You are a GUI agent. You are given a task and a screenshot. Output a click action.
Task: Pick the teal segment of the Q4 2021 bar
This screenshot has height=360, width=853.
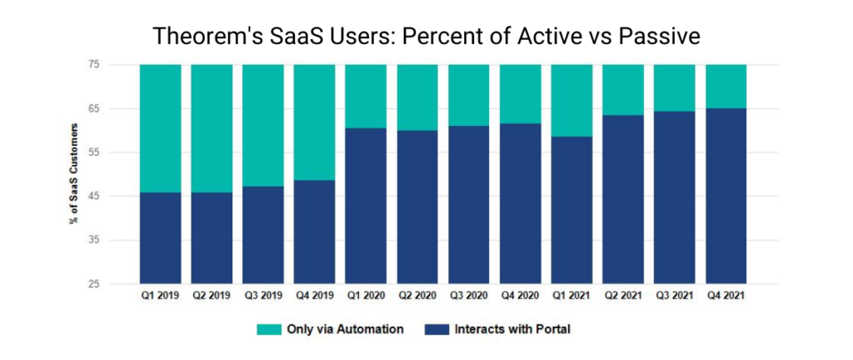pos(726,86)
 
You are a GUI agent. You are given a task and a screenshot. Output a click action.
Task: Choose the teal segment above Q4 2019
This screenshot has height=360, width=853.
pos(314,122)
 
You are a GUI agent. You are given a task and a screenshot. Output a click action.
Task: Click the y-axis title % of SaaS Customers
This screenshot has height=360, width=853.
pos(76,174)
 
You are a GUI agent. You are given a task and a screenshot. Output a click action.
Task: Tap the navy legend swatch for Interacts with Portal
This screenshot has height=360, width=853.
pos(435,329)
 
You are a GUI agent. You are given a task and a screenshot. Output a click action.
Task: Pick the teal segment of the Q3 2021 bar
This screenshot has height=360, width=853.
pos(674,87)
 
